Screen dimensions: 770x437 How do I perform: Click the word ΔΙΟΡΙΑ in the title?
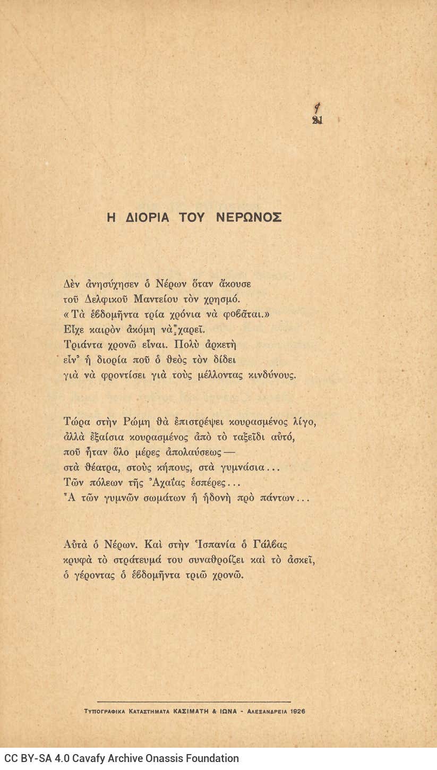pyautogui.click(x=148, y=217)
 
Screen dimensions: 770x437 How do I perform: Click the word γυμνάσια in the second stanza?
pyautogui.click(x=239, y=468)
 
